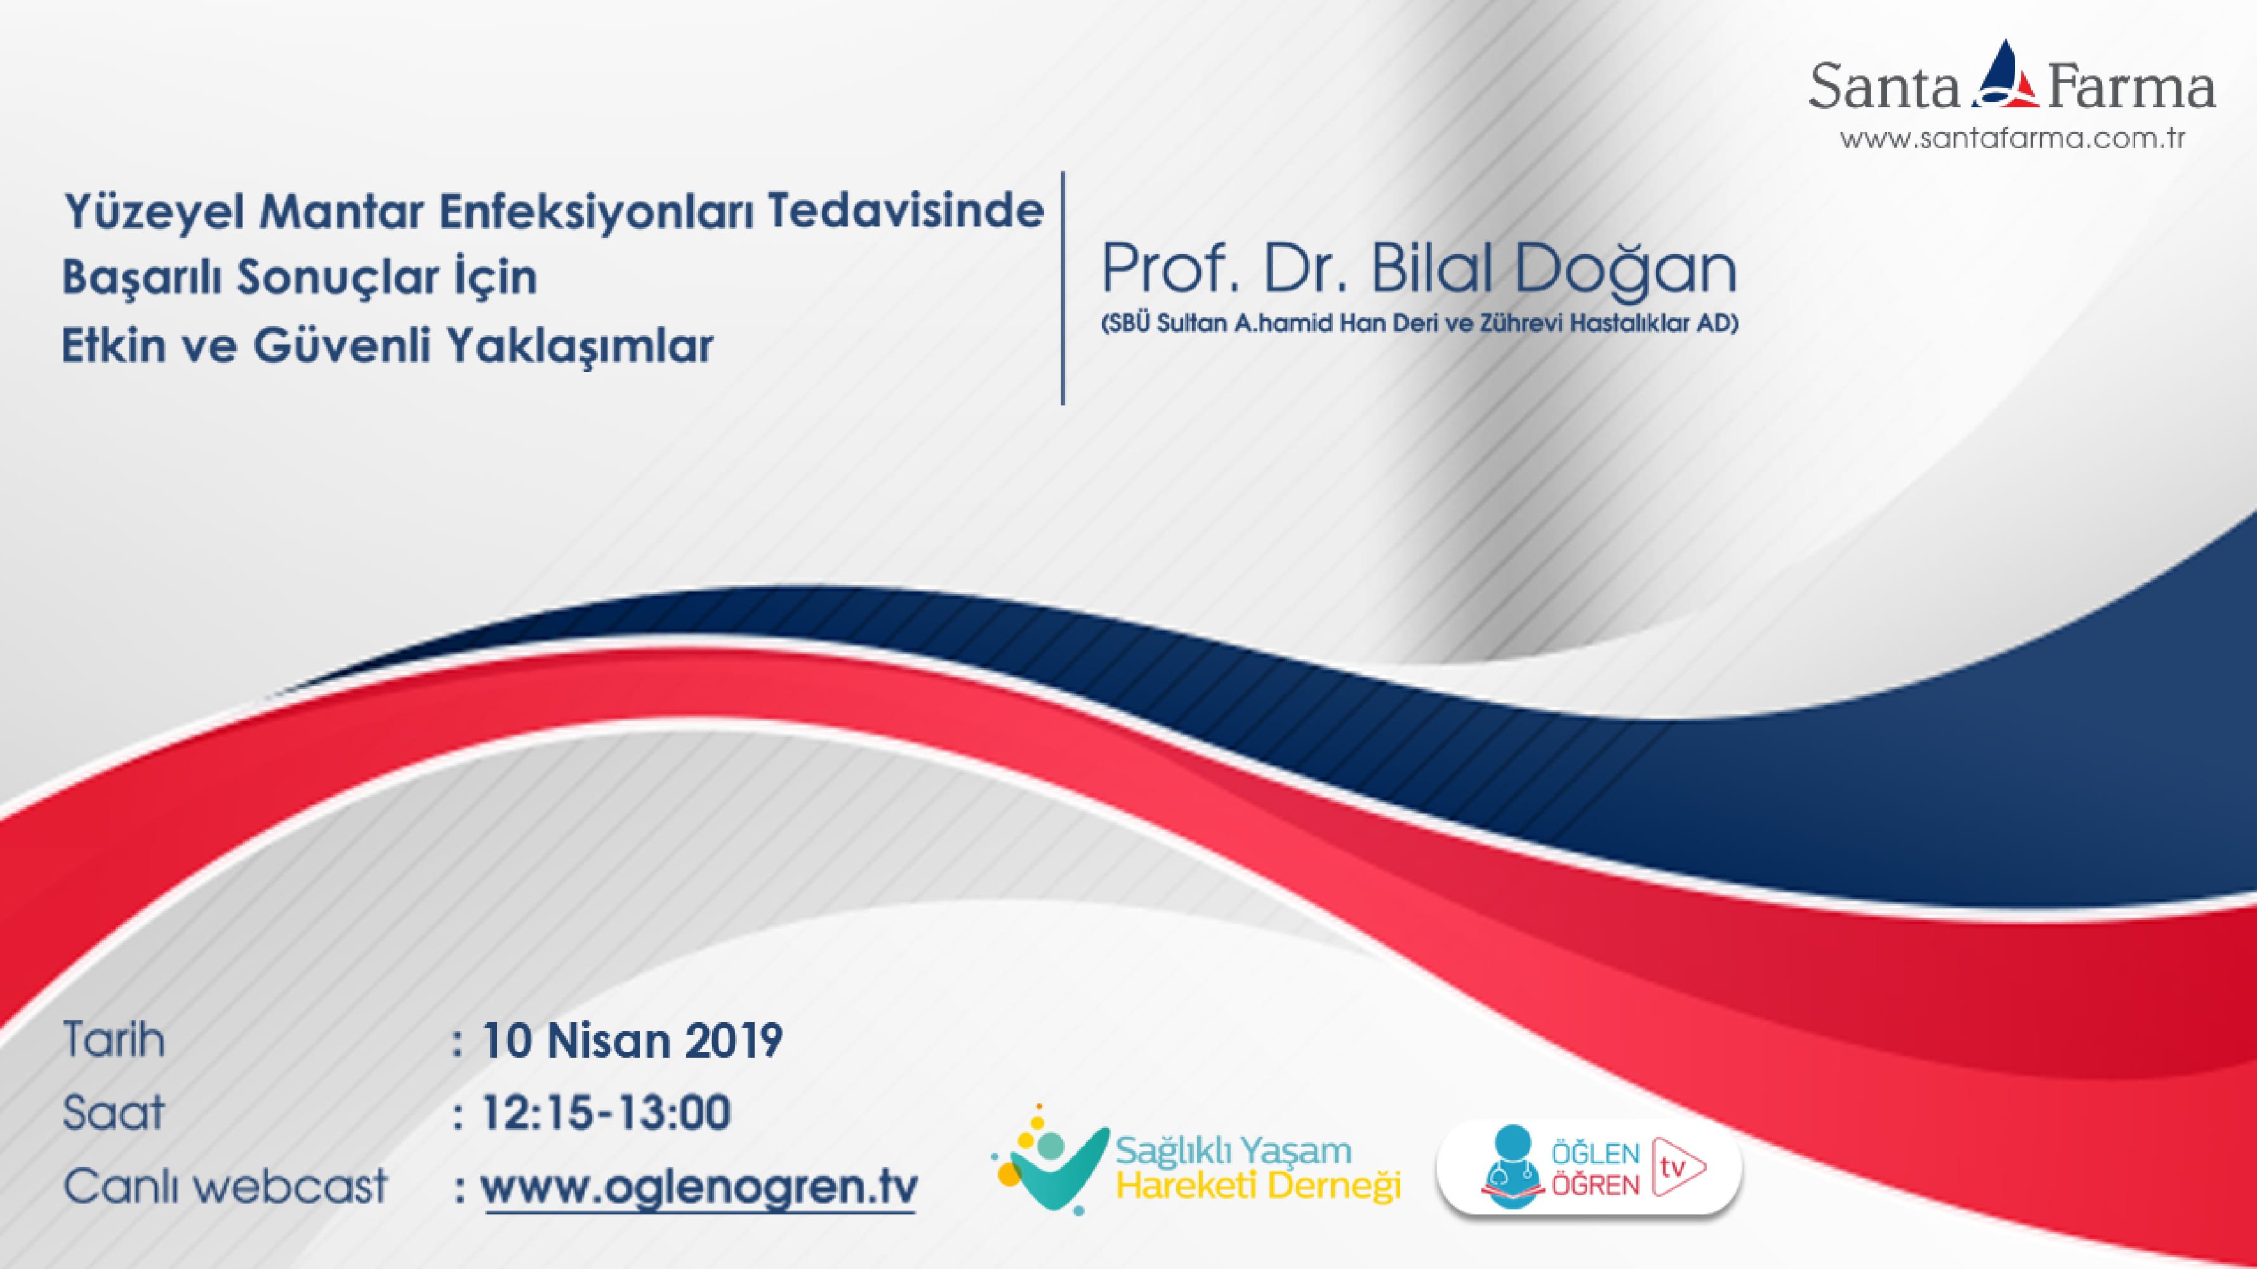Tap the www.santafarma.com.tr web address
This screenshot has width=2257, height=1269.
(x=2011, y=138)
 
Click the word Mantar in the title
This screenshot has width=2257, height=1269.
(x=341, y=211)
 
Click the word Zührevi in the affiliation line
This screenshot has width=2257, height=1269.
(x=1521, y=323)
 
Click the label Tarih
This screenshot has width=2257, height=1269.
(x=114, y=1041)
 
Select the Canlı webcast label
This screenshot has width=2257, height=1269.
(x=225, y=1187)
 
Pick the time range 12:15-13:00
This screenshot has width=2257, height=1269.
(x=606, y=1113)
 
